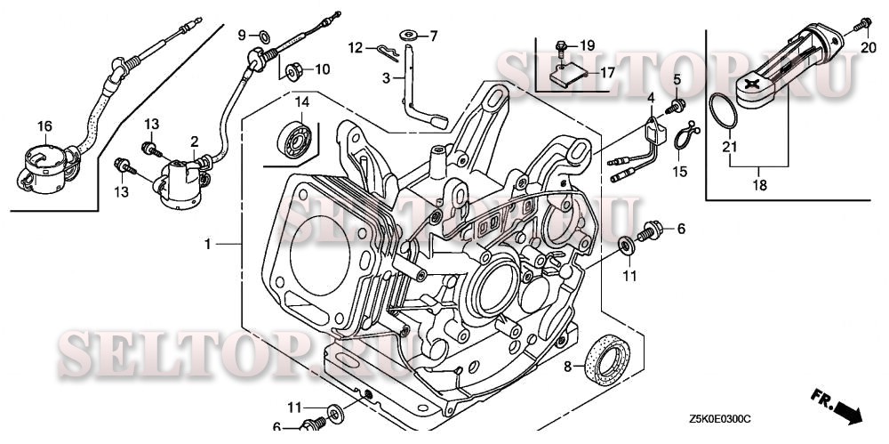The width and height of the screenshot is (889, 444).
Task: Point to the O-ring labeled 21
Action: click(x=723, y=110)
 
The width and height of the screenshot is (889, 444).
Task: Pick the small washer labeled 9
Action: click(x=264, y=37)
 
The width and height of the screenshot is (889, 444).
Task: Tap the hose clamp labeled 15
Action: click(x=686, y=136)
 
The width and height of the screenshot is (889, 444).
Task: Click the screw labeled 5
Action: click(x=676, y=106)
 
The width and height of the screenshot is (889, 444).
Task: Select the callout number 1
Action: click(x=207, y=244)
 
